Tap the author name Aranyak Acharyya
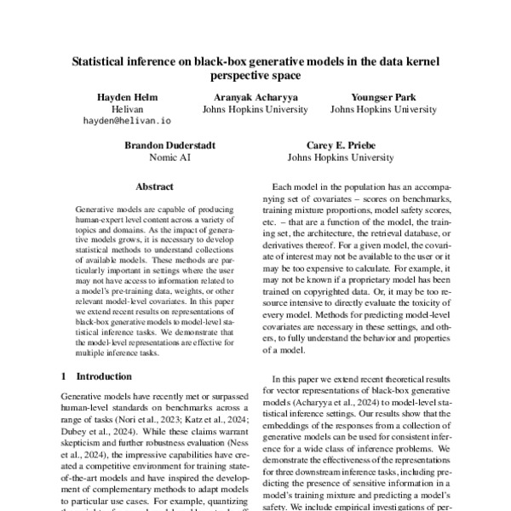(247, 97)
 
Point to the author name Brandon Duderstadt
(159, 145)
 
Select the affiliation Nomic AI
(159, 158)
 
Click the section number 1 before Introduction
(65, 375)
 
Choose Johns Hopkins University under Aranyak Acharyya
(247, 110)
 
